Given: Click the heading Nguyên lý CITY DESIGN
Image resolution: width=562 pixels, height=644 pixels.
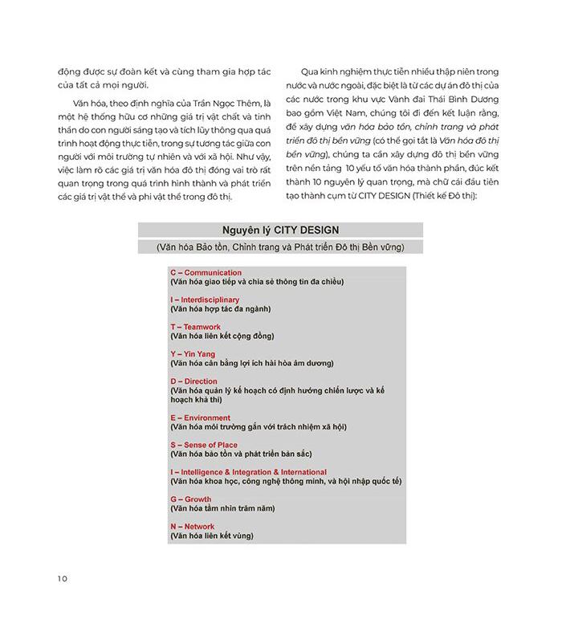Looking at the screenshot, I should [280, 230].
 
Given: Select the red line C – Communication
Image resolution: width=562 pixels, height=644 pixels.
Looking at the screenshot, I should [206, 272].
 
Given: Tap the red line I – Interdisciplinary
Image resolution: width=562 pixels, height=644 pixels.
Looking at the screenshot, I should [205, 300].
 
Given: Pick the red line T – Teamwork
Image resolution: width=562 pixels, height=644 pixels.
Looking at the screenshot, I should [195, 327].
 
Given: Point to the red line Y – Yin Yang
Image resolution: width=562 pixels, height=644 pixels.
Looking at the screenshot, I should [193, 354].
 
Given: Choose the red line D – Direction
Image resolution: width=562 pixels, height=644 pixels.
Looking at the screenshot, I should [193, 381].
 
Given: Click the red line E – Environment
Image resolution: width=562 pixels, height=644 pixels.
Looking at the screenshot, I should [200, 418].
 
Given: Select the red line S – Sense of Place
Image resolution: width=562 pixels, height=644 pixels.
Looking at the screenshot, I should [203, 445].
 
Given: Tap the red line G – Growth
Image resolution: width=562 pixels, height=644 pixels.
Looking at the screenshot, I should [190, 499].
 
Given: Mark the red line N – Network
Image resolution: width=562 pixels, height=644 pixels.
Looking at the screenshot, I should [192, 527].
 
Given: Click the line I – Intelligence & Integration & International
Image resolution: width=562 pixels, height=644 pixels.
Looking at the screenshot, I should [248, 472].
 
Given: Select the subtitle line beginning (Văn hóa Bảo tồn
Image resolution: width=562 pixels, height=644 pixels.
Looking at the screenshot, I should [280, 247].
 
